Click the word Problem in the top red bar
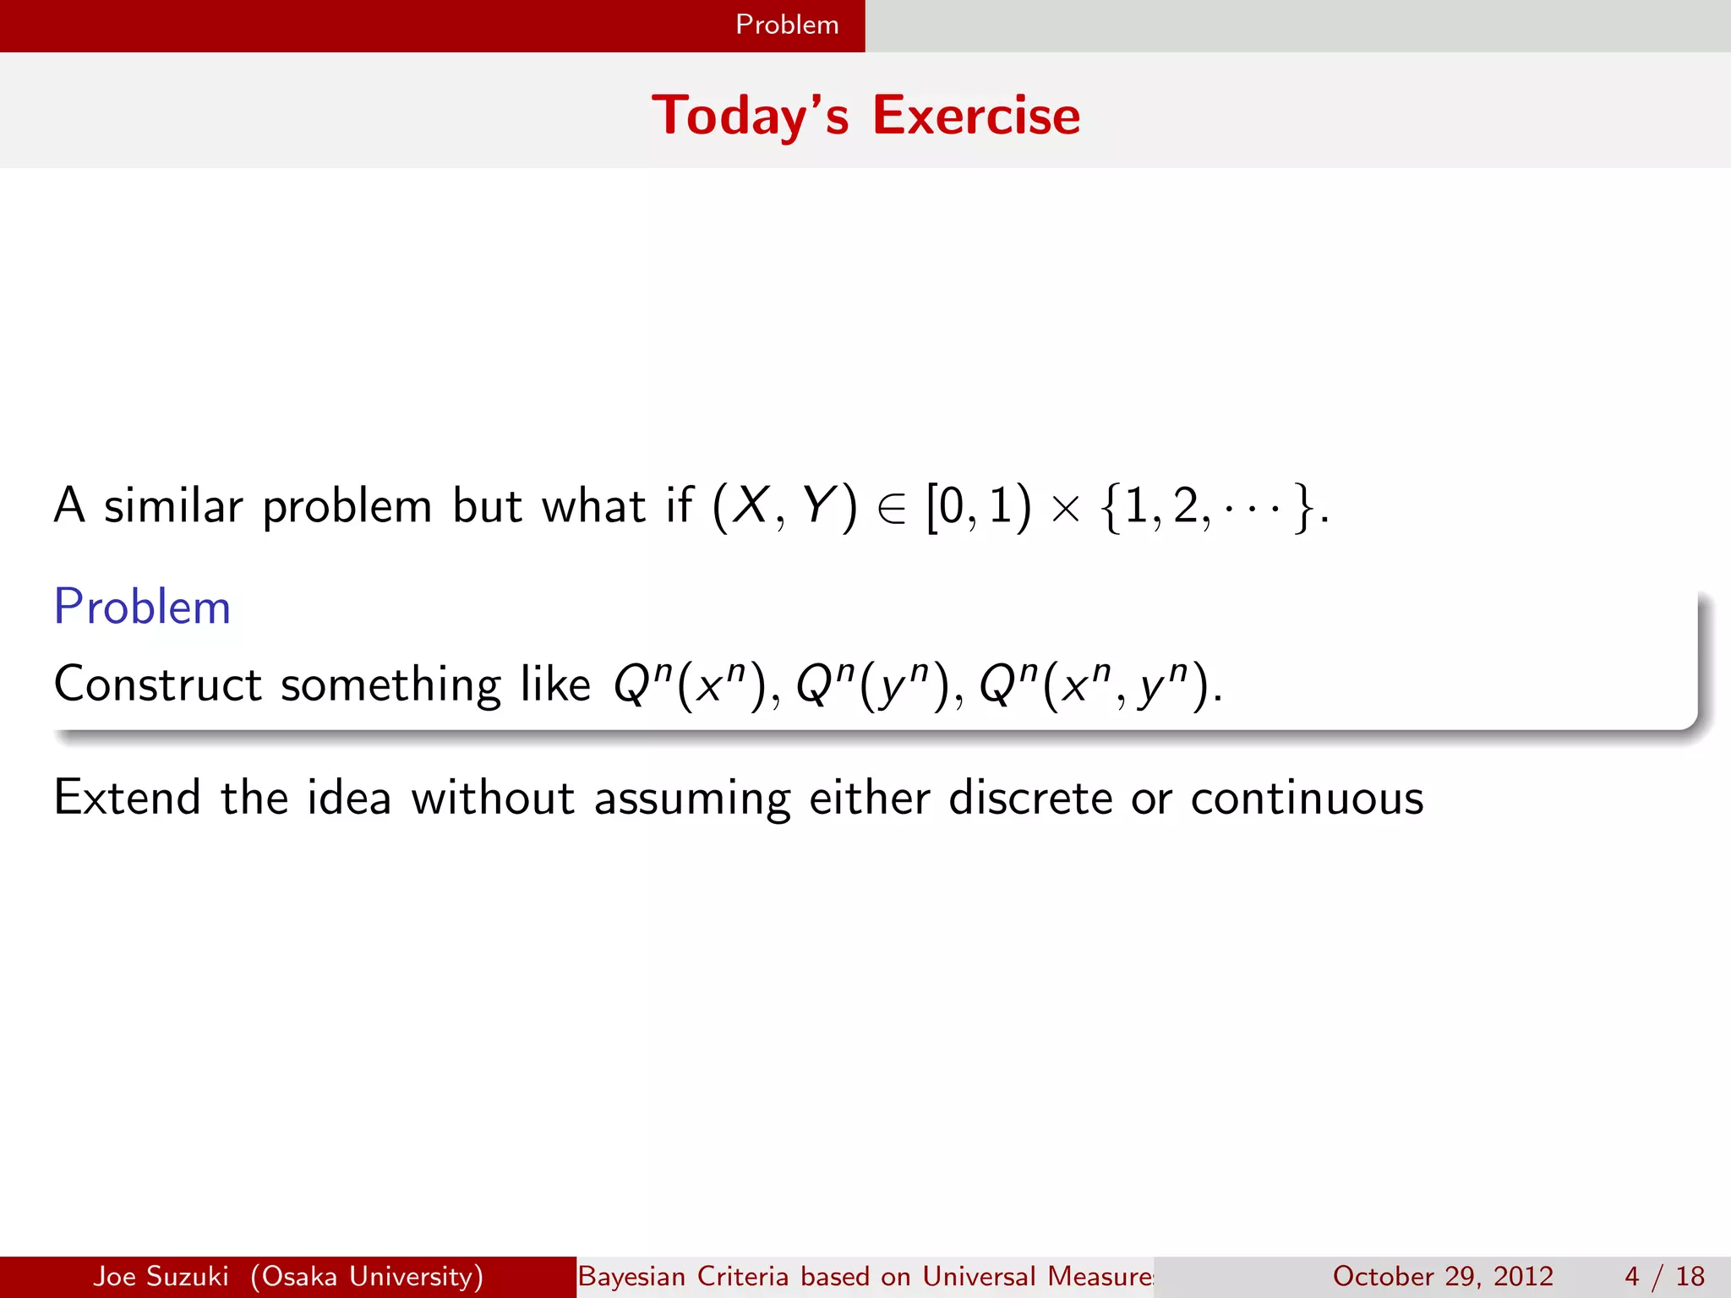pyautogui.click(x=787, y=25)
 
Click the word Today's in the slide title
pyautogui.click(x=750, y=116)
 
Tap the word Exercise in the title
pyautogui.click(x=976, y=116)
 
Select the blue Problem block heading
pyautogui.click(x=142, y=607)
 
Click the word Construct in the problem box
pyautogui.click(x=157, y=684)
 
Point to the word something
pyautogui.click(x=390, y=685)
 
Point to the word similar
pyautogui.click(x=173, y=506)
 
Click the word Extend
pyautogui.click(x=127, y=797)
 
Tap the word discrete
pyautogui.click(x=1030, y=797)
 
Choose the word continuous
pyautogui.click(x=1307, y=797)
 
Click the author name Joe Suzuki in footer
pyautogui.click(x=161, y=1276)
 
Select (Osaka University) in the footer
pyautogui.click(x=367, y=1276)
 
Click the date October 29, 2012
pyautogui.click(x=1443, y=1276)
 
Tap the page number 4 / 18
pyautogui.click(x=1664, y=1276)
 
